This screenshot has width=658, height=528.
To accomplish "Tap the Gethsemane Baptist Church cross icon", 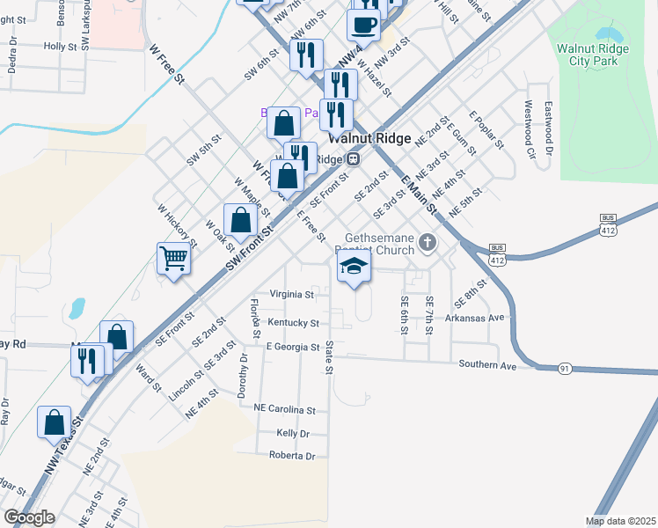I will tap(428, 242).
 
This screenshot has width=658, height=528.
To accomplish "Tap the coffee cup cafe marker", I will tap(363, 24).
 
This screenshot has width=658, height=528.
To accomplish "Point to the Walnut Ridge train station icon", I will tap(353, 159).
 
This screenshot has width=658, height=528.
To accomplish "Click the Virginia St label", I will tap(292, 294).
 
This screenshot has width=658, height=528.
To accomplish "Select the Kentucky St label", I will tap(293, 323).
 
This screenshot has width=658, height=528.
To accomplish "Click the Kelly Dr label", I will tap(293, 434).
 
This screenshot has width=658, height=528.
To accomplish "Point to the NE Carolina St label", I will tap(284, 410).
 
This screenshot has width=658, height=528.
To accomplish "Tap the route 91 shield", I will tap(563, 369).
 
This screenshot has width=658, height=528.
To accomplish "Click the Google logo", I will tap(29, 517).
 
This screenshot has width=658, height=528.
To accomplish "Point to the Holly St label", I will tap(61, 46).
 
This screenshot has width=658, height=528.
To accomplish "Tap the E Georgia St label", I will tap(292, 347).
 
